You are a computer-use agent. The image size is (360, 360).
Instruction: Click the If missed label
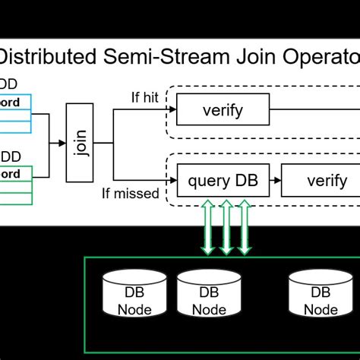click(131, 193)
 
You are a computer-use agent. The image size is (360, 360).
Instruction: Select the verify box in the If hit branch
click(223, 110)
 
